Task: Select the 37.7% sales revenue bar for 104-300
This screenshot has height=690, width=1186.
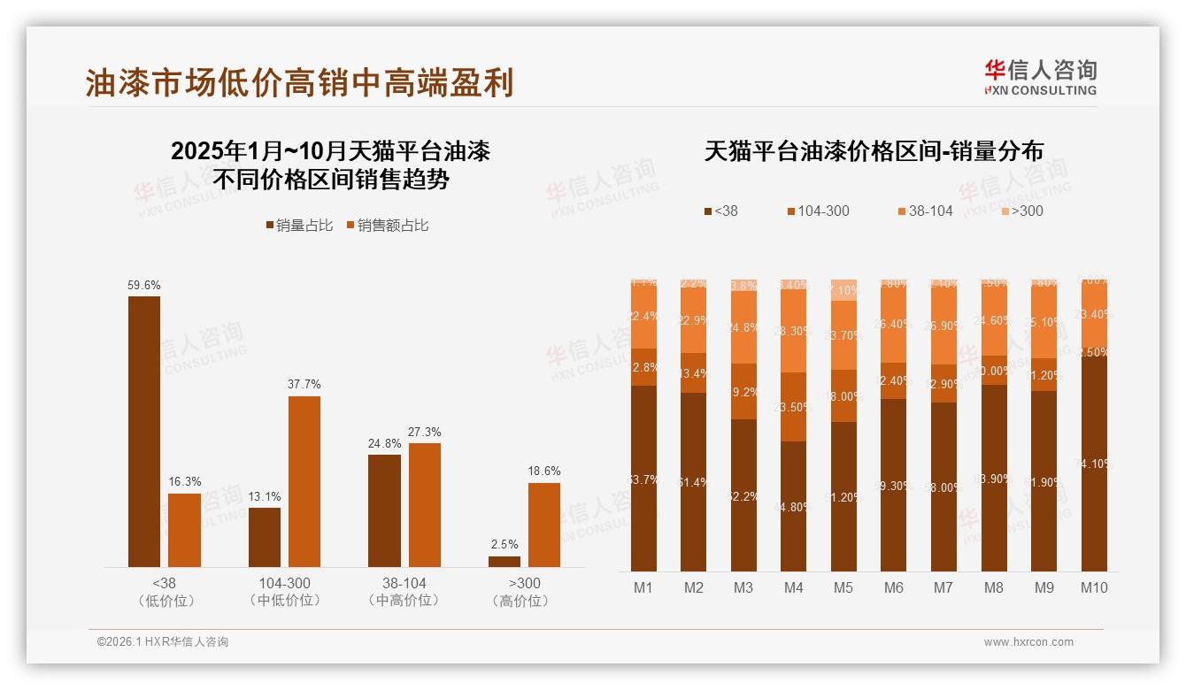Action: (x=304, y=481)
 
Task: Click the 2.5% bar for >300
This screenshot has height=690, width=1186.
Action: (x=504, y=561)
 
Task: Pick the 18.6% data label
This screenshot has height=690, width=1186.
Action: (x=544, y=471)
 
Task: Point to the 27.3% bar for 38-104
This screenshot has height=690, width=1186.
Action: (x=425, y=504)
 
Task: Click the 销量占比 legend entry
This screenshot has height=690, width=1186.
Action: (x=299, y=226)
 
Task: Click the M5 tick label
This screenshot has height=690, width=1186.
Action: (x=843, y=587)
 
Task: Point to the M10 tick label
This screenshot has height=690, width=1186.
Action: (x=1094, y=587)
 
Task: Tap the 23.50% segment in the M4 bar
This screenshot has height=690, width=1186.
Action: (x=794, y=407)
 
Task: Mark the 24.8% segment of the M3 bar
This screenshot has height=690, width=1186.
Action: (x=743, y=327)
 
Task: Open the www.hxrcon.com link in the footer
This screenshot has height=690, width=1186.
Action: (x=1028, y=642)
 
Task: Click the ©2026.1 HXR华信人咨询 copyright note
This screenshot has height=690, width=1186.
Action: (x=163, y=642)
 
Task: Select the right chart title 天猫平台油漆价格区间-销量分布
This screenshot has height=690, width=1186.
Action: (x=874, y=151)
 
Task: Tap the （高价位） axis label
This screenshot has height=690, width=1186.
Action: (x=525, y=601)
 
